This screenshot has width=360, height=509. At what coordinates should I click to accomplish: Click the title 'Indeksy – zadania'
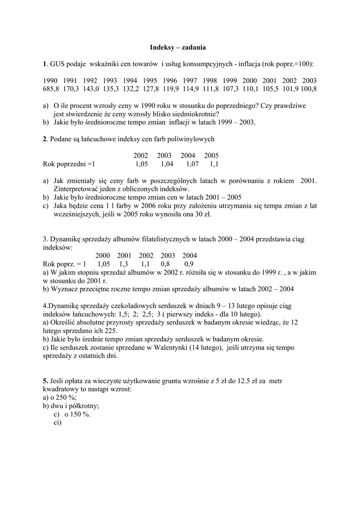tap(178, 48)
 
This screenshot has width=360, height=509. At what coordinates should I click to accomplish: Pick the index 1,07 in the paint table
tap(192, 164)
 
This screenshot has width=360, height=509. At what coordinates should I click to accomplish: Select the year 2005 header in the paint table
tap(211, 156)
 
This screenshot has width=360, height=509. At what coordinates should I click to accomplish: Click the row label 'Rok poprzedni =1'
tap(69, 164)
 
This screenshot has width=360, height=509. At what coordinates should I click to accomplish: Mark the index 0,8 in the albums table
tap(166, 264)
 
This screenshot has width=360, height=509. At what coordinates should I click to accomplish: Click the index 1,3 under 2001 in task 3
tap(124, 264)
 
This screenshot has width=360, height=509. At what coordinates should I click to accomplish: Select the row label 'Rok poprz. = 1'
tap(65, 264)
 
